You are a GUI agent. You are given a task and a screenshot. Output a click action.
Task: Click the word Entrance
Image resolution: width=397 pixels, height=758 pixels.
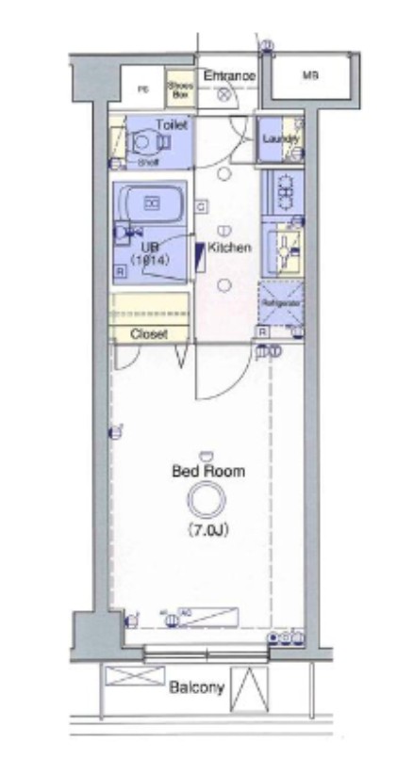(229, 75)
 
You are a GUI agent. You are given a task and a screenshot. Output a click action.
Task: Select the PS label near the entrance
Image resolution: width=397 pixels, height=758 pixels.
(143, 90)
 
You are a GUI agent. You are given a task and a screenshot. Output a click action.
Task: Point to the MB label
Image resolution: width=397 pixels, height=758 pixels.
(309, 76)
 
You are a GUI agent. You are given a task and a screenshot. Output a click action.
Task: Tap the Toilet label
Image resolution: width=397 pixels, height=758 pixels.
(172, 124)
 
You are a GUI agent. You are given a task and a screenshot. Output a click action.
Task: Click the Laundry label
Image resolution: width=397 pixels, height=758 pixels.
(280, 139)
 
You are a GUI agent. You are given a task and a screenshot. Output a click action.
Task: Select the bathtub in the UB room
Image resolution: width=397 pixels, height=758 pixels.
(151, 202)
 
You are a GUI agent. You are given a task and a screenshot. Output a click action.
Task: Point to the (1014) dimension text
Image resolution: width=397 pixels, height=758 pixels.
(150, 260)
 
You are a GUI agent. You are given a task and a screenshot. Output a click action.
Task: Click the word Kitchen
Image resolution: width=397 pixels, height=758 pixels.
(229, 248)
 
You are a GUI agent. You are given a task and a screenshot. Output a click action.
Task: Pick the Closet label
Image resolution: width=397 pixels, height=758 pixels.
(148, 334)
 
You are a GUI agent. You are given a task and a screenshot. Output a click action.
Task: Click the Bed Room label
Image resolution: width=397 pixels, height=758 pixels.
(207, 471)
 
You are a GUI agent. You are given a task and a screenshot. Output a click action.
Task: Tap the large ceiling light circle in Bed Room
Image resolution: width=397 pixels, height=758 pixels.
(207, 502)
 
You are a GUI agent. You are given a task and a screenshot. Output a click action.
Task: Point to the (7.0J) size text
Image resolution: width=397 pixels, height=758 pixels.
(208, 530)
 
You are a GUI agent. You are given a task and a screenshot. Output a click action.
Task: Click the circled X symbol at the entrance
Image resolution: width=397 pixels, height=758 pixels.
(223, 95)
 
